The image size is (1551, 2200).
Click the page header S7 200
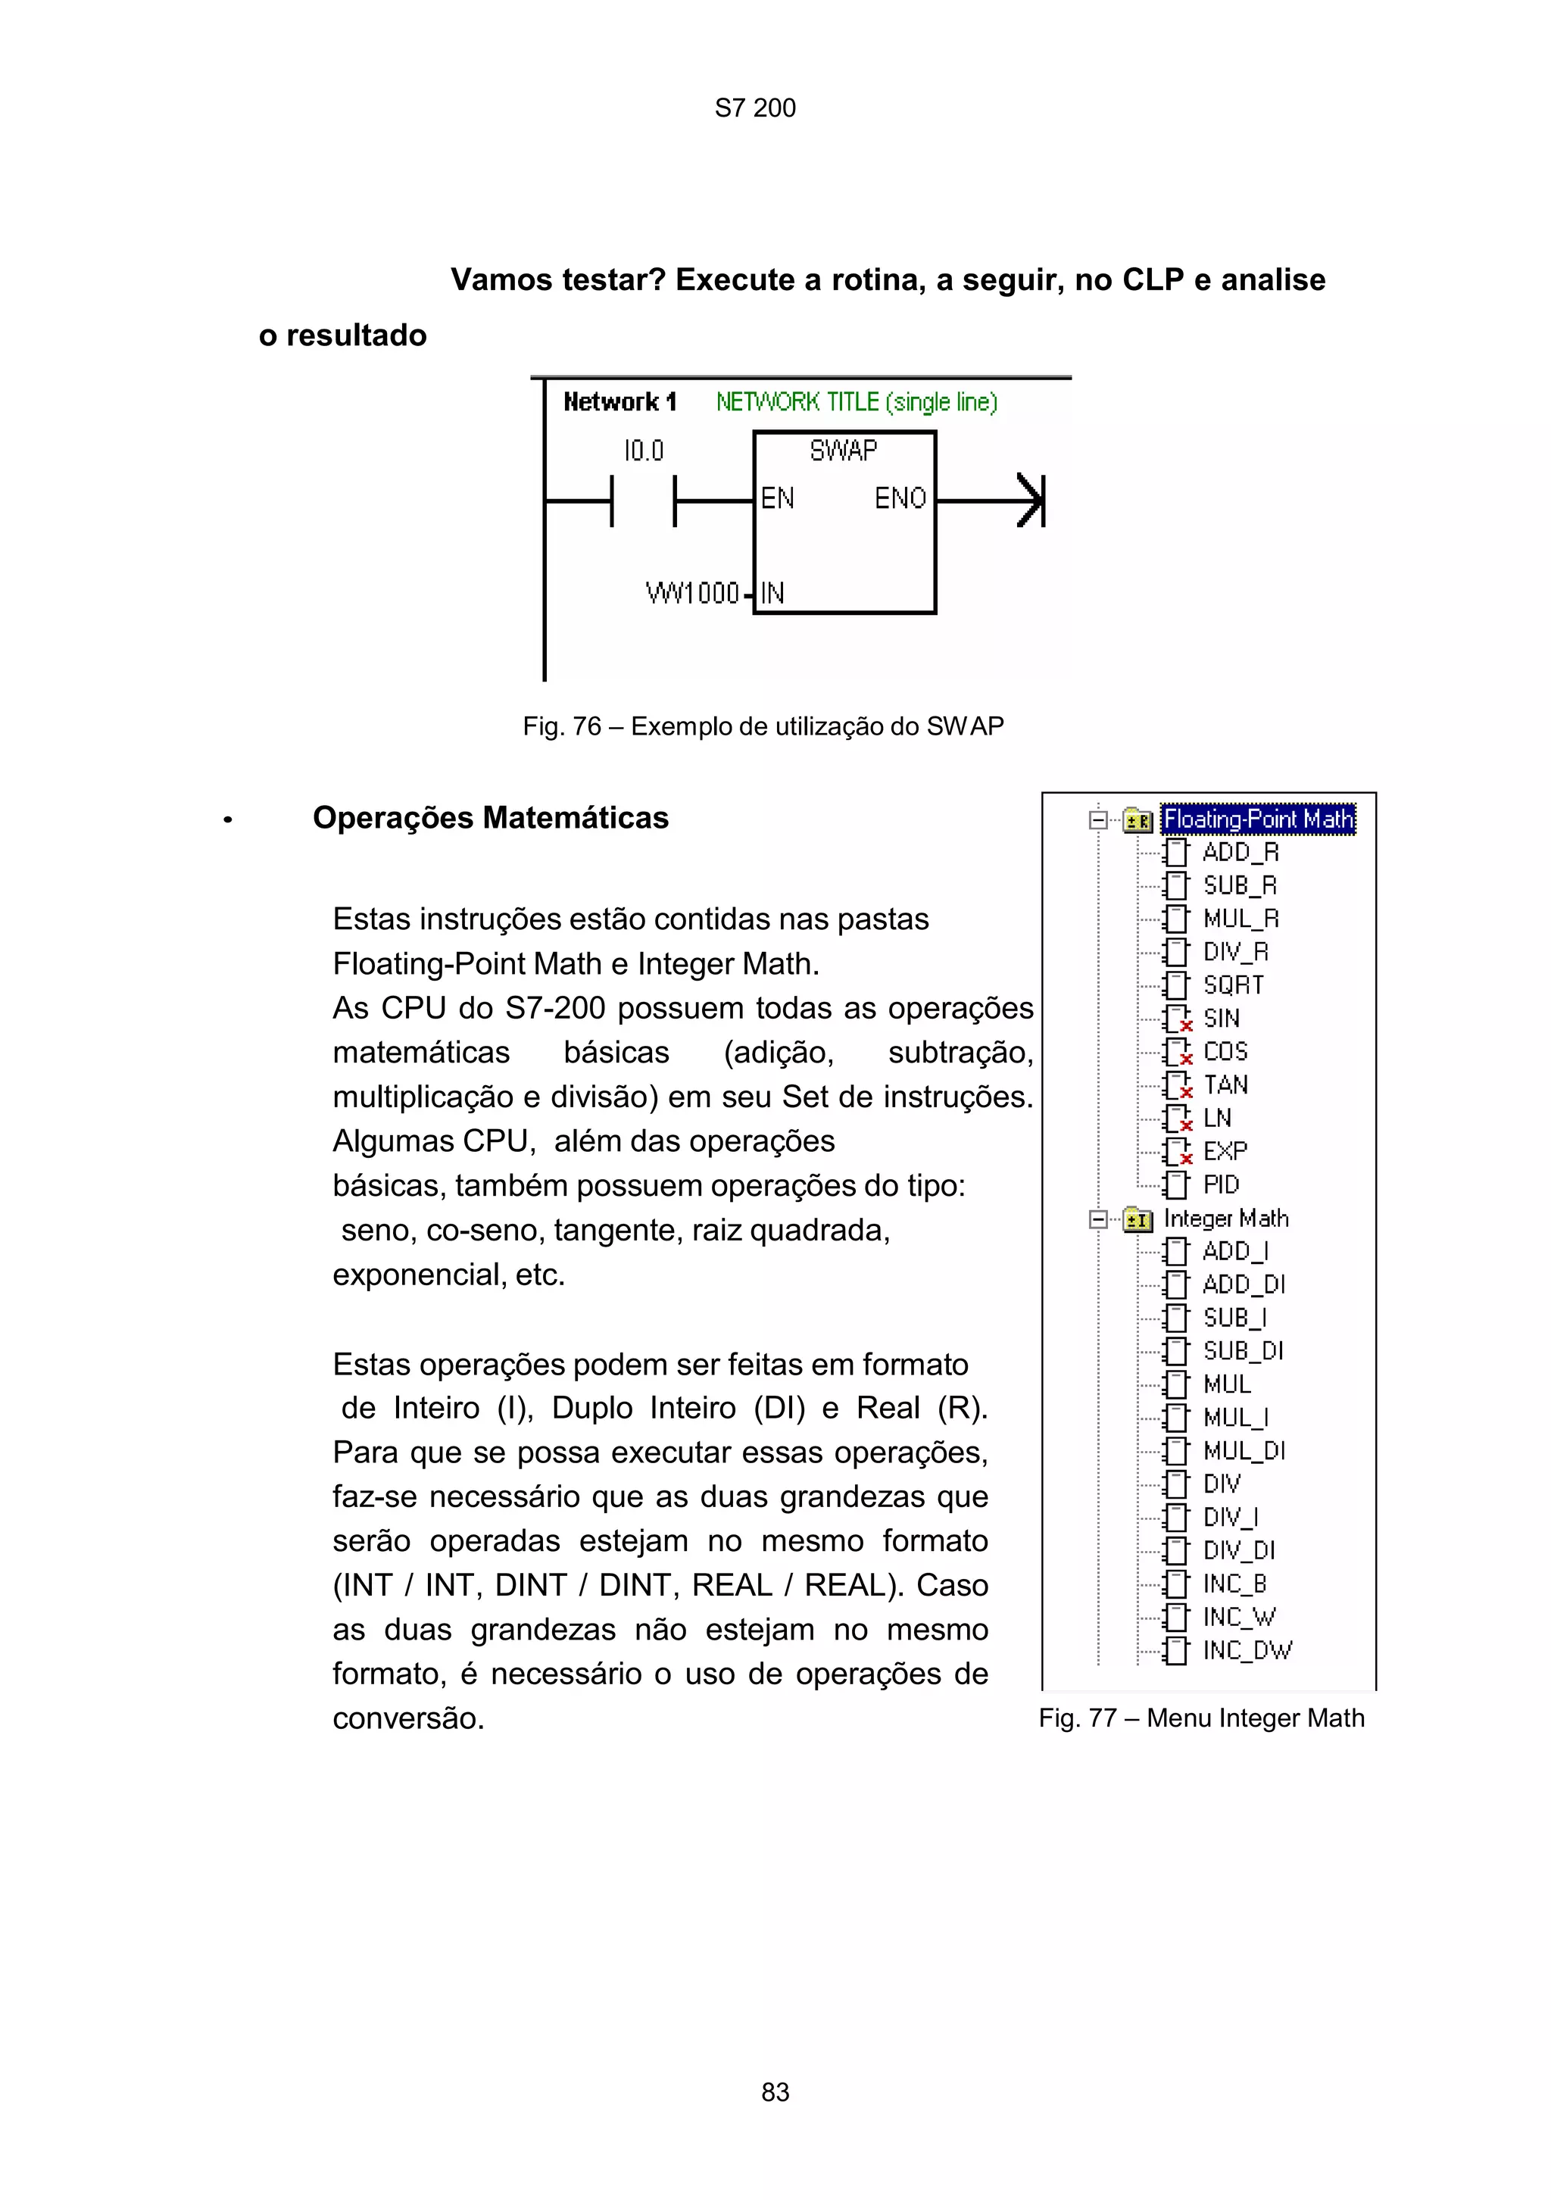pos(755,108)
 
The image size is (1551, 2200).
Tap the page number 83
pos(775,2092)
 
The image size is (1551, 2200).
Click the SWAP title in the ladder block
pos(843,451)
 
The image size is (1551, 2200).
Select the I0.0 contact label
pos(643,451)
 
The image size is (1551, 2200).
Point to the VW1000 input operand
pos(691,593)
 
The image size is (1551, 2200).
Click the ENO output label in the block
pos(900,498)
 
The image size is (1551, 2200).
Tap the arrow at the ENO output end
pos(1030,500)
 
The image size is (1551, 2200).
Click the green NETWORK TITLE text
pos(857,401)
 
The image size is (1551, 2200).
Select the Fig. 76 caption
pos(763,726)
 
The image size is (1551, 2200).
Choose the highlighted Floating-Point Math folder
pos(1257,819)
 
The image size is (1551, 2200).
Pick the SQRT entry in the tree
pos(1233,985)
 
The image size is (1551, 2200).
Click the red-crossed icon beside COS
pos(1176,1052)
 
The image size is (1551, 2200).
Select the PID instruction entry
pos(1221,1185)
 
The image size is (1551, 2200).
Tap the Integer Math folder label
pos(1225,1219)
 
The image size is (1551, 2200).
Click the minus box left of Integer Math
pos(1099,1220)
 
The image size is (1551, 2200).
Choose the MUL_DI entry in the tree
pos(1244,1451)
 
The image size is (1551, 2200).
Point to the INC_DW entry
pos(1247,1650)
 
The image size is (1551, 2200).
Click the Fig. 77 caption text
pos(1201,1718)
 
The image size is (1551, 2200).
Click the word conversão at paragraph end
pos(408,1719)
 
